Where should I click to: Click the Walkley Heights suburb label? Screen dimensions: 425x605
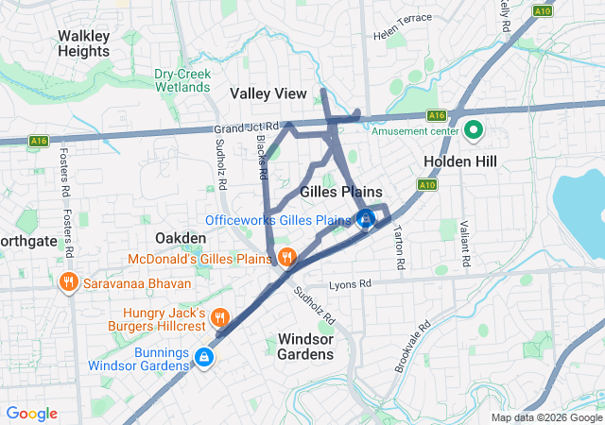click(x=83, y=43)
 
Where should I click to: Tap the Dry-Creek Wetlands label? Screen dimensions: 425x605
click(x=182, y=80)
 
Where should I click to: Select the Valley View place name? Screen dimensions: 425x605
click(x=268, y=93)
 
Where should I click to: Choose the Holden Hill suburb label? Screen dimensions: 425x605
click(x=459, y=161)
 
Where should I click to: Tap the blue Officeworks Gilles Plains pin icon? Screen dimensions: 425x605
click(x=366, y=220)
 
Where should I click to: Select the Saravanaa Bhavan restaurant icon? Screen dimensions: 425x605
click(x=68, y=282)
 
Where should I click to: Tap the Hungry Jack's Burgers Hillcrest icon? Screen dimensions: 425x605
click(x=219, y=318)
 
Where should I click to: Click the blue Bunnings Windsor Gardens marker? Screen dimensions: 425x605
click(x=204, y=357)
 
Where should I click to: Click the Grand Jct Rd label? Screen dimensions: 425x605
click(x=248, y=126)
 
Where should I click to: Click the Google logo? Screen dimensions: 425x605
click(x=31, y=413)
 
